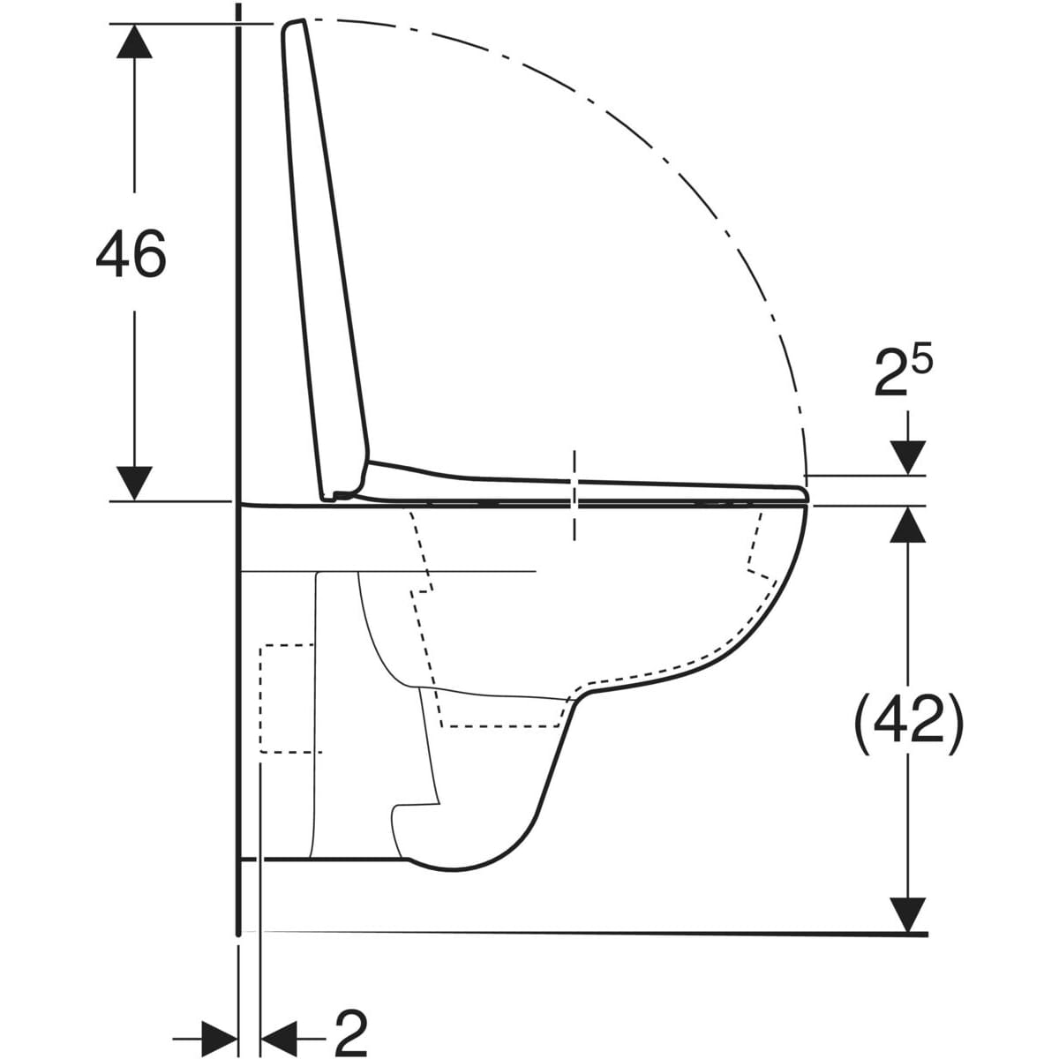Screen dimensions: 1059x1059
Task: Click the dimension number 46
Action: coord(131,252)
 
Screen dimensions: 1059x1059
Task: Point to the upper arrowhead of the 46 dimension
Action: coord(134,41)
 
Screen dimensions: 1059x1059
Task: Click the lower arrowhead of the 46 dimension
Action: coord(134,484)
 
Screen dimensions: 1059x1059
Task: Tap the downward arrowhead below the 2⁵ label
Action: coord(908,457)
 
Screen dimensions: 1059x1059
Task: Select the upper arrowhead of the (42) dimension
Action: coord(908,523)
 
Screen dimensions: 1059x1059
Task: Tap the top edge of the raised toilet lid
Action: coord(295,22)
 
